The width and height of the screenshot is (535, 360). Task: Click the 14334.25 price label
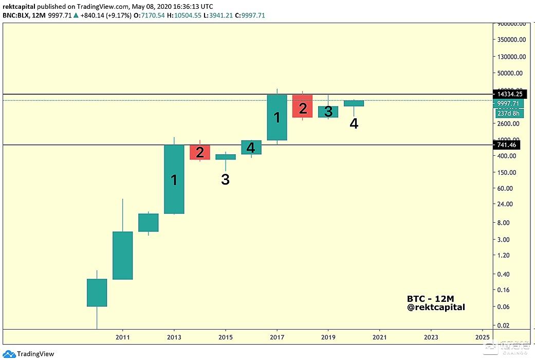pyautogui.click(x=507, y=94)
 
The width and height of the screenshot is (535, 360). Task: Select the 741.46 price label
pyautogui.click(x=507, y=146)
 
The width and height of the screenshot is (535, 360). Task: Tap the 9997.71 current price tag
pyautogui.click(x=507, y=103)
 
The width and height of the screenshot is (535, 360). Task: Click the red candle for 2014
pyautogui.click(x=200, y=152)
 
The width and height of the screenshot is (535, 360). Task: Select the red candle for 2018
pyautogui.click(x=303, y=106)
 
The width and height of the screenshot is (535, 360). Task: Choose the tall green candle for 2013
pyautogui.click(x=174, y=179)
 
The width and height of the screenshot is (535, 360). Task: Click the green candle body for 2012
pyautogui.click(x=148, y=222)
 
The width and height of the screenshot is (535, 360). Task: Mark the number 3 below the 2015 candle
pyautogui.click(x=225, y=179)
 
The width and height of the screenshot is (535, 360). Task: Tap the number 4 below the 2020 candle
pyautogui.click(x=354, y=123)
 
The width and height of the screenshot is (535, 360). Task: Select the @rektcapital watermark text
pyautogui.click(x=436, y=308)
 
